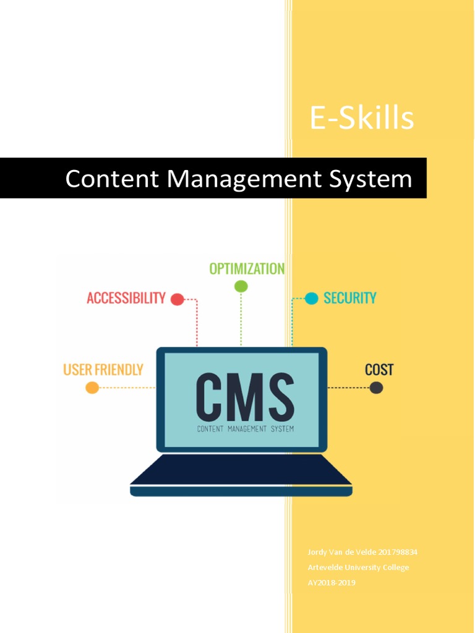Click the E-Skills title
pos(362,117)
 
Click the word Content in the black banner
pos(113,179)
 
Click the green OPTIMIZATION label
pos(247,269)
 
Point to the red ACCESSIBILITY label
pos(126,298)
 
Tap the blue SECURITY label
pos(349,298)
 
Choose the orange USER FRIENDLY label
pos(103,370)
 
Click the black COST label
pos(379,370)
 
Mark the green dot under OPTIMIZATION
pos(241,286)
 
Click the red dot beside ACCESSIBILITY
pos(177,300)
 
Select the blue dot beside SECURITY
pos(312,299)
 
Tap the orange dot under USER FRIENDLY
pos(92,388)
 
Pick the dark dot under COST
pos(376,388)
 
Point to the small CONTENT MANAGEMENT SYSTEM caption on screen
pos(245,428)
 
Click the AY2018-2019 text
pos(332,582)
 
